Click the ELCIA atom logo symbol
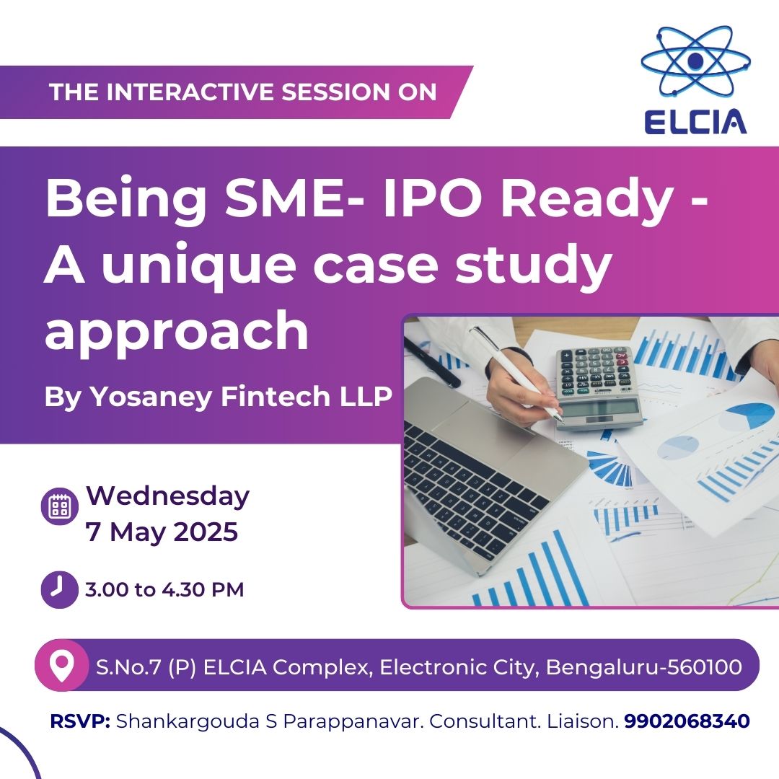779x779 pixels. [695, 62]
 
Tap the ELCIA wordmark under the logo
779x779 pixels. [695, 122]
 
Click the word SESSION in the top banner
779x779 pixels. [336, 92]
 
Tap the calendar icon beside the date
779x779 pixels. [59, 506]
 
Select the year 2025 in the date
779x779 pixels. [206, 532]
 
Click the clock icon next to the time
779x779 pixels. [59, 590]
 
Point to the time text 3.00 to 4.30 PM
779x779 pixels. [164, 590]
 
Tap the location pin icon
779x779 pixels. [61, 666]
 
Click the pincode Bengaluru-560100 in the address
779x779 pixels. [644, 666]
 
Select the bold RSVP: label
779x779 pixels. [80, 721]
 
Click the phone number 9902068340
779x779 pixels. [687, 721]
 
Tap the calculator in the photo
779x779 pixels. [600, 387]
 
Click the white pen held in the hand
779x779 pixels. [516, 374]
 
